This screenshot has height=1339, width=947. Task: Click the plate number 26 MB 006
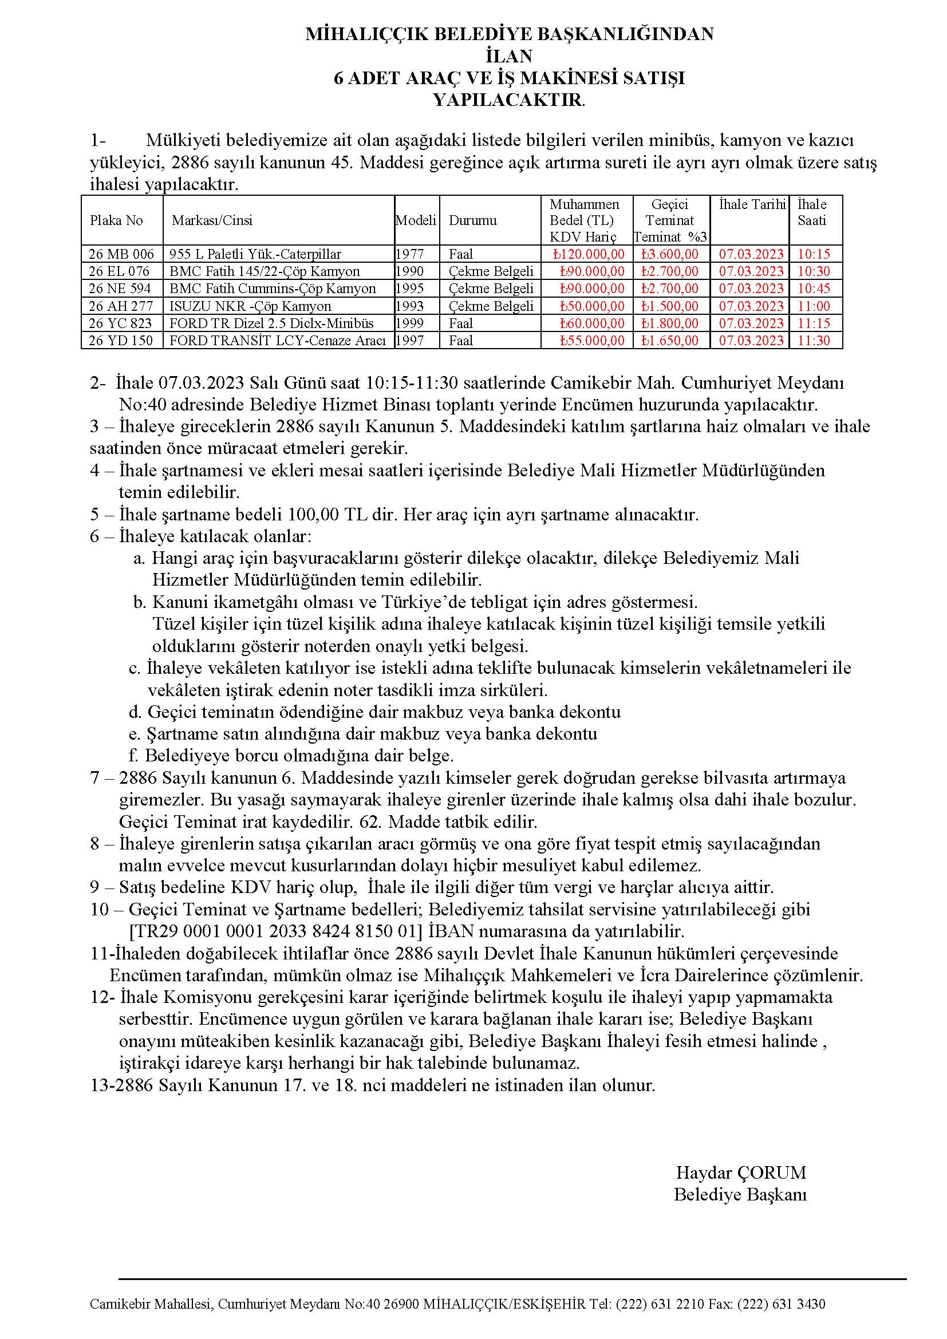[121, 254]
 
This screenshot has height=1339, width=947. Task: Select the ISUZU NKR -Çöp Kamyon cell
[250, 306]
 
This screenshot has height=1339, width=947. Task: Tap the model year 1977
[410, 254]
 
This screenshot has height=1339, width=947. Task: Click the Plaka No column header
[117, 220]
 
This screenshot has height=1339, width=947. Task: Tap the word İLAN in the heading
[509, 56]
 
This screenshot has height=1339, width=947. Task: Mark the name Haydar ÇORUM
[740, 1172]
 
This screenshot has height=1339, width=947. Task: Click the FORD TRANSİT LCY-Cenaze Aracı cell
[278, 341]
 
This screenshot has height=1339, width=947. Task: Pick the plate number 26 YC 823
[120, 323]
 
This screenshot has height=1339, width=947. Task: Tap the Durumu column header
[473, 220]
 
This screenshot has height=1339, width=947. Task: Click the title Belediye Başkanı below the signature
[740, 1194]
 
